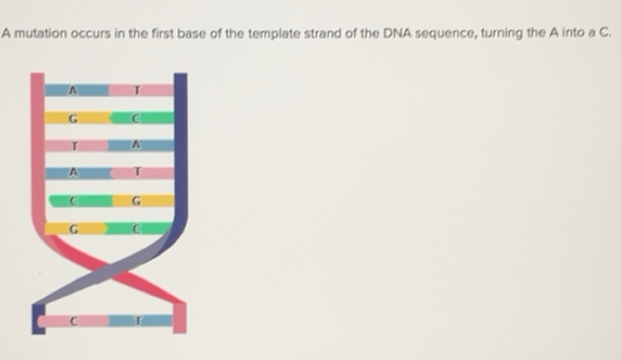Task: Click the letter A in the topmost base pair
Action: click(x=71, y=90)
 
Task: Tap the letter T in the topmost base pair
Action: click(x=139, y=90)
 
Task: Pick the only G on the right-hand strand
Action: click(x=139, y=201)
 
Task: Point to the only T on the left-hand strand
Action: click(x=72, y=146)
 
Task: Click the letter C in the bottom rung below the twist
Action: click(x=72, y=320)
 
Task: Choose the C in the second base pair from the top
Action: click(x=139, y=118)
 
